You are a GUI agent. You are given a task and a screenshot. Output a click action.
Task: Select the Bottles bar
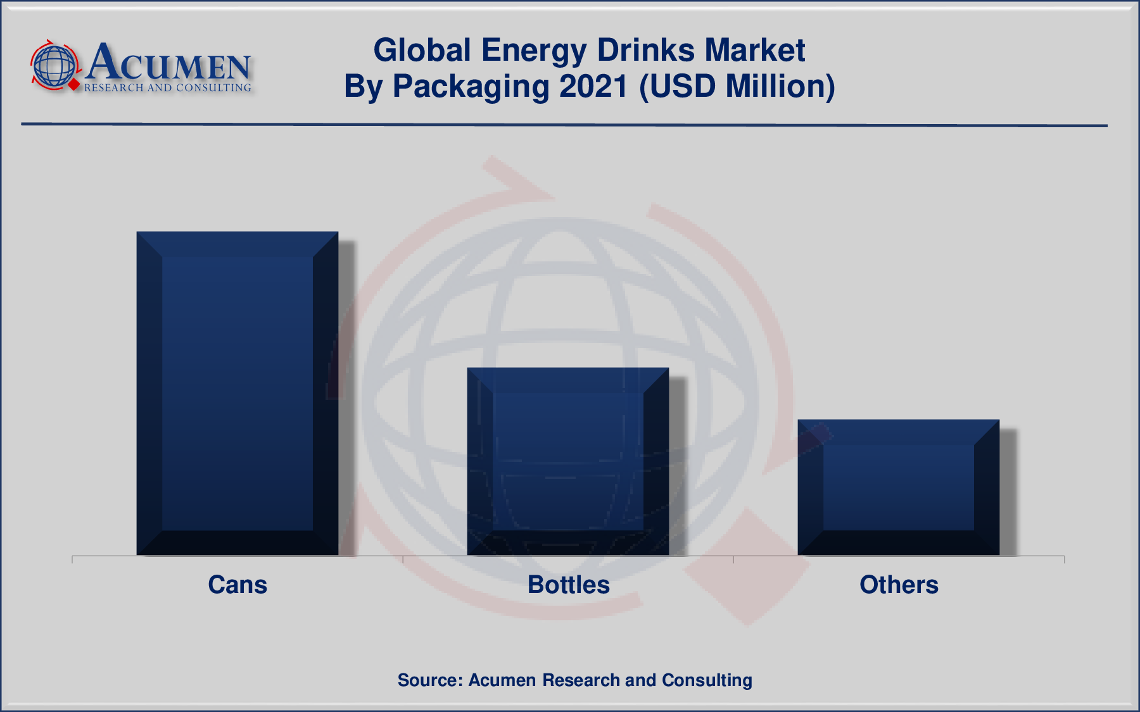(568, 461)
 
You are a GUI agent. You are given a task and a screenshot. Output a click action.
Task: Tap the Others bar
(898, 487)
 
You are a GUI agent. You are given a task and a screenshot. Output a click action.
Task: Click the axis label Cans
(237, 585)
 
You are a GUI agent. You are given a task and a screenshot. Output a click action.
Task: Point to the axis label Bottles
(568, 585)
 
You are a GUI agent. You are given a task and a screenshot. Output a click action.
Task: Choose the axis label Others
(899, 585)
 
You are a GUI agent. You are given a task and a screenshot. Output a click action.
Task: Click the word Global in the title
(422, 50)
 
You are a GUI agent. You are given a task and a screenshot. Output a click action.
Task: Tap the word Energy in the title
(533, 50)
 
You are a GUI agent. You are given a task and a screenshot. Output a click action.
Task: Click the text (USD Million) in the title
(737, 86)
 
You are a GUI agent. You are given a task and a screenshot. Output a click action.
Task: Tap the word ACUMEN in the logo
(168, 63)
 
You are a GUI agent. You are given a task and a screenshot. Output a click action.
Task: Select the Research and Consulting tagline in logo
(168, 88)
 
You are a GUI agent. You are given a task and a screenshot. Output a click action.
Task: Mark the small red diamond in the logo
(74, 84)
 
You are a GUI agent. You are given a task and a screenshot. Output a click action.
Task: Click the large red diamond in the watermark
(747, 567)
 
